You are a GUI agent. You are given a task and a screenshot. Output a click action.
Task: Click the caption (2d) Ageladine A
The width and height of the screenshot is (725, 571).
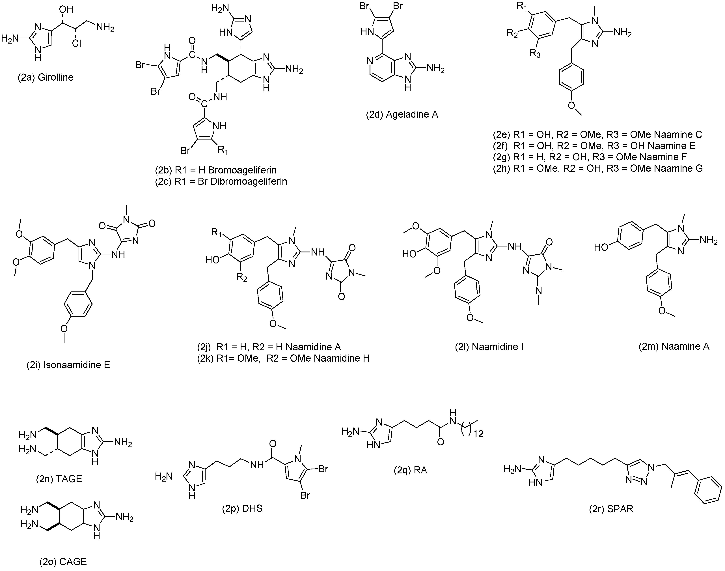402,115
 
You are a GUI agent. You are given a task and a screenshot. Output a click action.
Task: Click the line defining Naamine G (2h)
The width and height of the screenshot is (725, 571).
597,168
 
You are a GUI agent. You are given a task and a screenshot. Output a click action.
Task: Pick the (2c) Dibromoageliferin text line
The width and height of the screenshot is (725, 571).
221,182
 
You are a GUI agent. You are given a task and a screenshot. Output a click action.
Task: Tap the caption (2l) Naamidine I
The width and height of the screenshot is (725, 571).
489,347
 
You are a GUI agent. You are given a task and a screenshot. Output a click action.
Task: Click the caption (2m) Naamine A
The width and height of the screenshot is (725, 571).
674,347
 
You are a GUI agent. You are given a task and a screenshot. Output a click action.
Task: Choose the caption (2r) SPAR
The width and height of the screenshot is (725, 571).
611,509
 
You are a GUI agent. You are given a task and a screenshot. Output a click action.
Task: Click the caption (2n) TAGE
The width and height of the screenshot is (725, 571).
59,479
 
